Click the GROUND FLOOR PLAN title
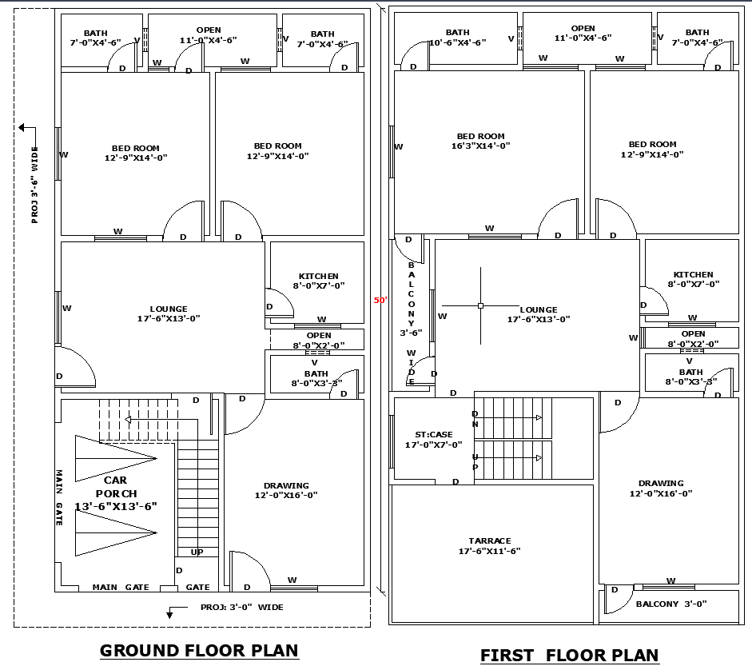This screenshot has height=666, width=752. point(199,651)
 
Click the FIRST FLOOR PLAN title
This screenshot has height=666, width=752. point(569,656)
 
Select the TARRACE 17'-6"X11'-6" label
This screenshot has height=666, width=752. point(490,546)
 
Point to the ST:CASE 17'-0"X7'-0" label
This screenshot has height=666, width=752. point(433,440)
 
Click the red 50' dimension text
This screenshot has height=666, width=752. point(380,301)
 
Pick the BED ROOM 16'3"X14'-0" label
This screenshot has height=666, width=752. point(480,141)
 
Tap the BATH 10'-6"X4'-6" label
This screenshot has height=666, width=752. point(457,38)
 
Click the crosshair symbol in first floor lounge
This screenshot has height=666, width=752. point(480,305)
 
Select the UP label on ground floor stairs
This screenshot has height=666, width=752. point(197,552)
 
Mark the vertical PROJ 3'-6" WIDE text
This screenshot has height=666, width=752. point(34,185)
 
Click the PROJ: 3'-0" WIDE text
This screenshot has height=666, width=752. point(241,607)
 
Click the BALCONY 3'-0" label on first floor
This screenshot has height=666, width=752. point(671,604)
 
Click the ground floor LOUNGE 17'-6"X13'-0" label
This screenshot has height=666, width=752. point(169,313)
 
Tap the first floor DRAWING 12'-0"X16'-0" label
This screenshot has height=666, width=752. point(661,488)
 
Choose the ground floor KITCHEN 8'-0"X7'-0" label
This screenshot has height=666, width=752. point(318,281)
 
